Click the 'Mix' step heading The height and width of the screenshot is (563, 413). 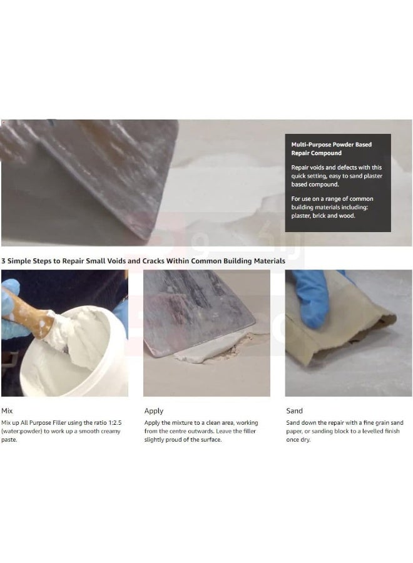(x=8, y=411)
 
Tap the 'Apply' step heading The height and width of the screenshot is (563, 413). (x=154, y=411)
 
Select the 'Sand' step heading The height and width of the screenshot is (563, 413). (x=294, y=411)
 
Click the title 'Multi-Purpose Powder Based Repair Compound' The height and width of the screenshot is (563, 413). (x=331, y=148)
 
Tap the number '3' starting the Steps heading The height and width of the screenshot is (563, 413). (x=4, y=260)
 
